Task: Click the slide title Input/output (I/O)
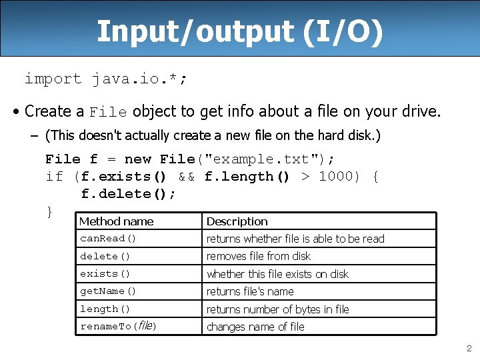pyautogui.click(x=240, y=31)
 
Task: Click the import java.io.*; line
pyautogui.click(x=106, y=79)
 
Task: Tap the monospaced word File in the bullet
pyautogui.click(x=108, y=111)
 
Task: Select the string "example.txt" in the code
pyautogui.click(x=263, y=159)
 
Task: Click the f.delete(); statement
pyautogui.click(x=129, y=194)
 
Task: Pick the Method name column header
pyautogui.click(x=117, y=221)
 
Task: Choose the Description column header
pyautogui.click(x=237, y=221)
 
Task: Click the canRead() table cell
pyautogui.click(x=108, y=239)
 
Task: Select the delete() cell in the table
pyautogui.click(x=105, y=256)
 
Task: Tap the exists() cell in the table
pyautogui.click(x=105, y=274)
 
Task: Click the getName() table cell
pyautogui.click(x=108, y=291)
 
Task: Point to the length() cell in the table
pyautogui.click(x=105, y=309)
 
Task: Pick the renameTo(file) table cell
pyautogui.click(x=118, y=327)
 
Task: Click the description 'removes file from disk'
pyautogui.click(x=259, y=256)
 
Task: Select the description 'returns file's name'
pyautogui.click(x=250, y=291)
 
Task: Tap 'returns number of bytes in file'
pyautogui.click(x=278, y=309)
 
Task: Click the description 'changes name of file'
pyautogui.click(x=255, y=327)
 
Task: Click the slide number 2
pyautogui.click(x=469, y=348)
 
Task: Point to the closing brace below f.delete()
pyautogui.click(x=49, y=211)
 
